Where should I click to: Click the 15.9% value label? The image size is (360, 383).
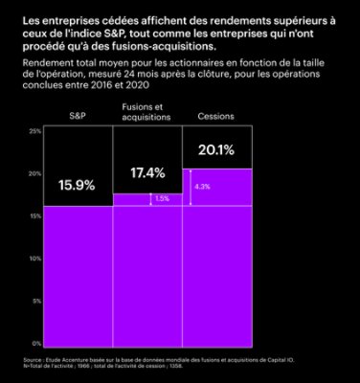[x=78, y=186]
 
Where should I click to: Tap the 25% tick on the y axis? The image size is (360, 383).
[x=35, y=130]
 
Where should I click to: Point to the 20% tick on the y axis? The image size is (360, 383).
[x=35, y=173]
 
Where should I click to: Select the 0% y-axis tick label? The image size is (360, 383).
[x=36, y=343]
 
